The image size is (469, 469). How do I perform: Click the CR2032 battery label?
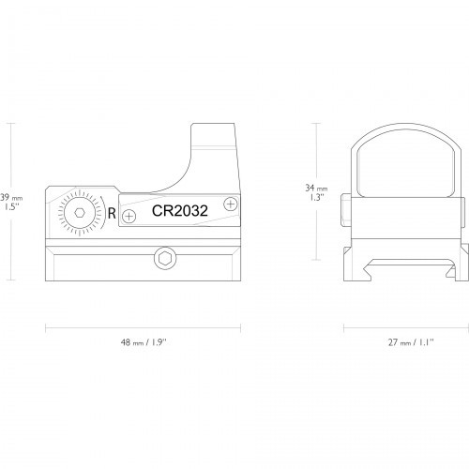click(x=180, y=211)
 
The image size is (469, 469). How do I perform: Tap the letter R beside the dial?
click(x=112, y=213)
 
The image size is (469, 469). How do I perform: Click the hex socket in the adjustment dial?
click(x=80, y=213)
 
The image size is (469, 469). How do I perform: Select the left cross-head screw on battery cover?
click(x=129, y=216)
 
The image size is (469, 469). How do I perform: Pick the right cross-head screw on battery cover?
click(x=231, y=204)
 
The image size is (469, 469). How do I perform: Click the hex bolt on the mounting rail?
click(x=165, y=259)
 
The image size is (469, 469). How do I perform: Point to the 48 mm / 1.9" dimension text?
click(x=143, y=342)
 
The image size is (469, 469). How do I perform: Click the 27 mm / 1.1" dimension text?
click(x=411, y=342)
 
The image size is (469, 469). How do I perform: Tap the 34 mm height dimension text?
click(x=316, y=189)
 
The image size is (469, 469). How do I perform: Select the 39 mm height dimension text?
click(x=11, y=198)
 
